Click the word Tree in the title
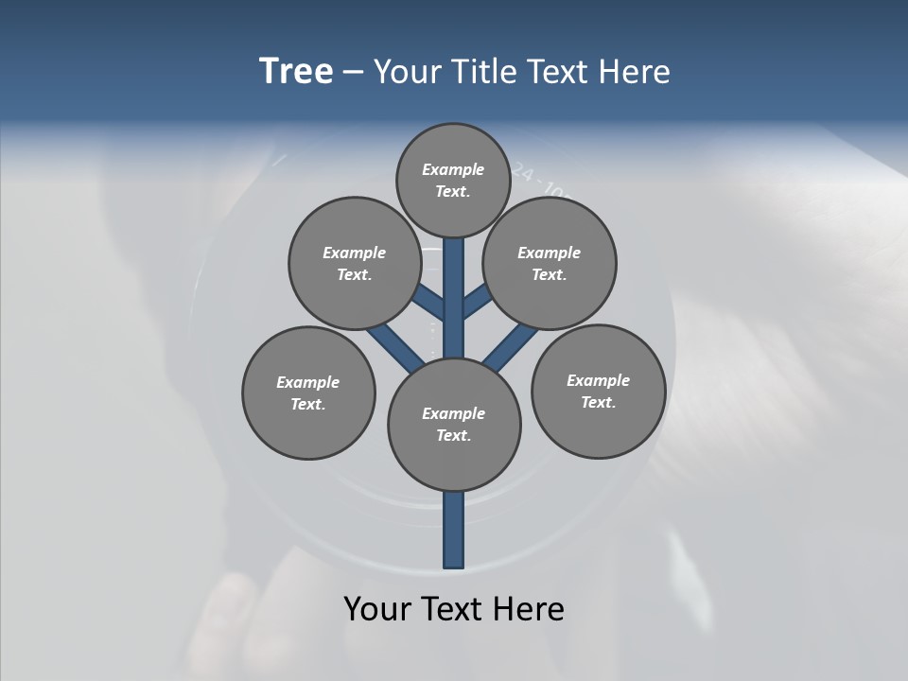pyautogui.click(x=296, y=72)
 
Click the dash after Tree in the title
pyautogui.click(x=353, y=73)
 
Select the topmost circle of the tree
pyautogui.click(x=453, y=180)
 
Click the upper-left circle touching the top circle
pyautogui.click(x=355, y=263)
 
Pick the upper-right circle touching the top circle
pyautogui.click(x=550, y=263)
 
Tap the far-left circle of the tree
pyautogui.click(x=308, y=393)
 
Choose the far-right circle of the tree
pyautogui.click(x=599, y=391)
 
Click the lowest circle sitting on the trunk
pyautogui.click(x=454, y=424)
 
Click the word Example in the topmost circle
pyautogui.click(x=453, y=169)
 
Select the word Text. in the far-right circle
pyautogui.click(x=599, y=402)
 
